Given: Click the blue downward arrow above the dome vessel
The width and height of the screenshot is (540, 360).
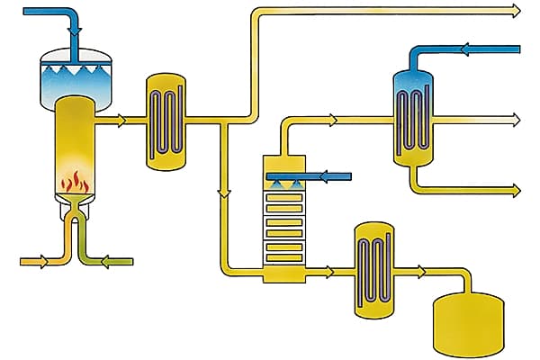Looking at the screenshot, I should (x=73, y=31).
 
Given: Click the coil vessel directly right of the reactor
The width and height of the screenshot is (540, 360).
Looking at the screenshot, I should (x=166, y=121).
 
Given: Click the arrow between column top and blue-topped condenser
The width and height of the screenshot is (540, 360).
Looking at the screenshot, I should (x=332, y=119).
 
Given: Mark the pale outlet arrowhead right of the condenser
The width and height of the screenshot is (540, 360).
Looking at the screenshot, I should (x=515, y=119).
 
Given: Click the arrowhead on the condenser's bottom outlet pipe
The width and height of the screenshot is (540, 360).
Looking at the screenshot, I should (x=515, y=189).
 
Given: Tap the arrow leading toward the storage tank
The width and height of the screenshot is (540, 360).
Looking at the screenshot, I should (x=420, y=270).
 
